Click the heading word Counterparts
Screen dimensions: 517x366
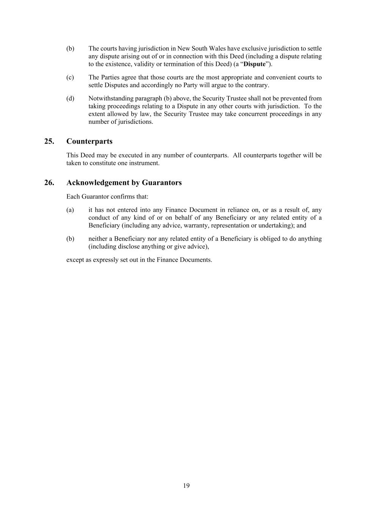coord(89,141)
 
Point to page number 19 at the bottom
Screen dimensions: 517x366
coord(186,486)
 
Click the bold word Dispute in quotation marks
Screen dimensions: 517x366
coord(254,64)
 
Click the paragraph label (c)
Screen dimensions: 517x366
coord(70,77)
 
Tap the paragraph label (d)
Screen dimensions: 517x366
coord(70,98)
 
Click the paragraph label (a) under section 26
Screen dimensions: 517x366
coord(70,210)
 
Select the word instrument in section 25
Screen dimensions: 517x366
coord(146,163)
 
